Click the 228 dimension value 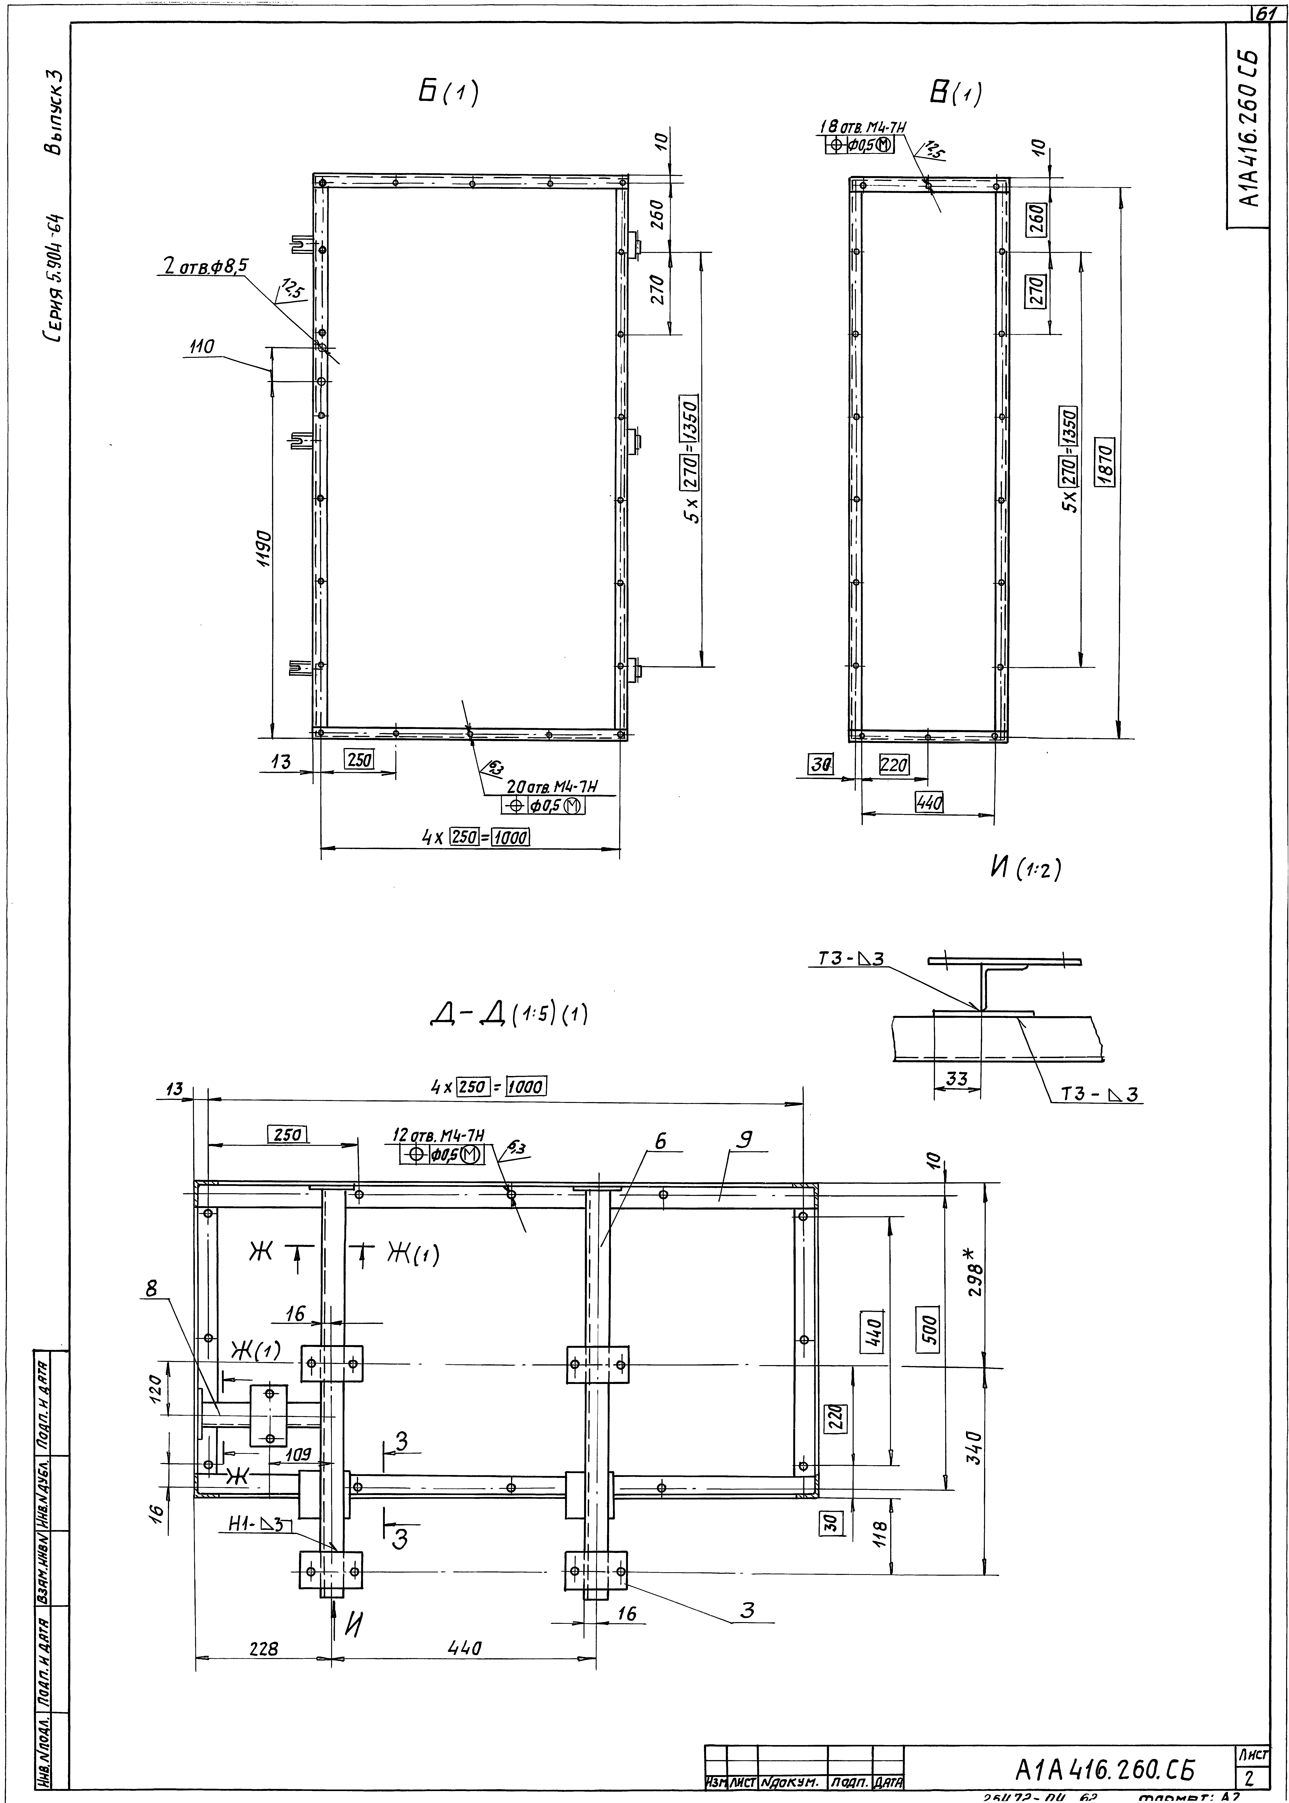pyautogui.click(x=264, y=1649)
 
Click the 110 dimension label pyautogui.click(x=203, y=347)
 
